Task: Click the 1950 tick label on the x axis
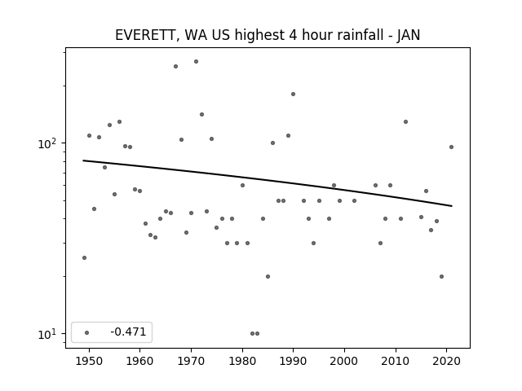point(89,361)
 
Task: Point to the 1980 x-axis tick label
point(242,361)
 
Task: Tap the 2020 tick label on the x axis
point(446,361)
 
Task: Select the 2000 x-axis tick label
point(344,361)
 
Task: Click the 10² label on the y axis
point(47,143)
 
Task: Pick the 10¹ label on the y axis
point(47,334)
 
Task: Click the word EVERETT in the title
point(144,35)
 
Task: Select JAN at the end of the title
point(408,35)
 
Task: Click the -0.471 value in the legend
point(128,332)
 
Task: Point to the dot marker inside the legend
point(87,332)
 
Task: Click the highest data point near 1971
point(196,62)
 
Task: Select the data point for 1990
point(294,94)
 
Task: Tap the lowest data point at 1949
point(84,257)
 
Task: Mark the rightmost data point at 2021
point(451,147)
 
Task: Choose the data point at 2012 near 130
point(405,121)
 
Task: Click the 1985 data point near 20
point(268,277)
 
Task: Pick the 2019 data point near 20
point(442,277)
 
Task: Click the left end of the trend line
point(83,160)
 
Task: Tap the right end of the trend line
point(452,206)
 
